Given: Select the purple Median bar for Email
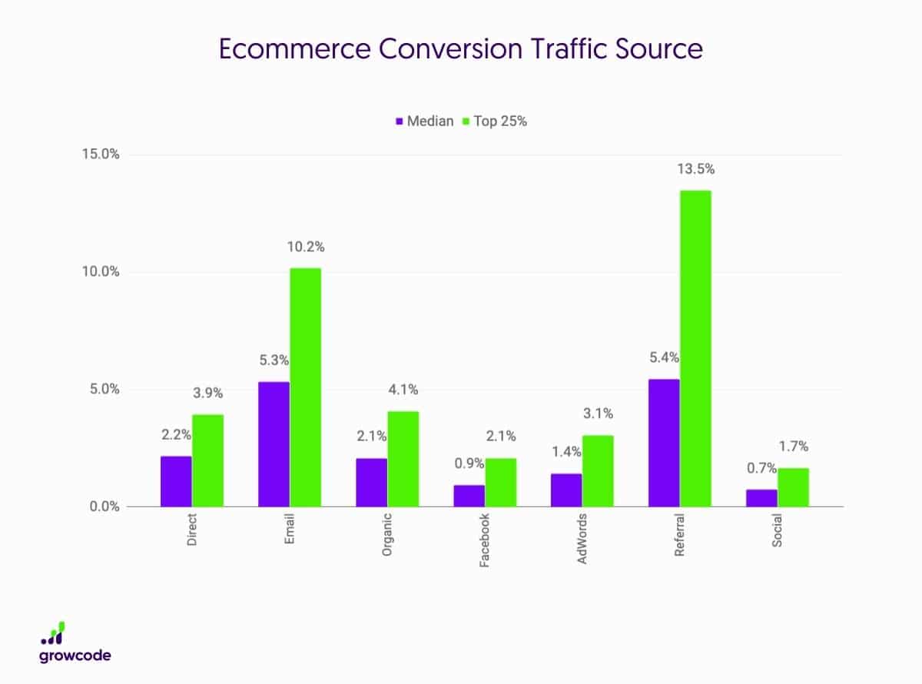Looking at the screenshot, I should pos(274,444).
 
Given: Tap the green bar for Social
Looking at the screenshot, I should pos(793,487).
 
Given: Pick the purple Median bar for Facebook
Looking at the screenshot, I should pos(469,496).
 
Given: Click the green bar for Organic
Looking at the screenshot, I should pos(403,459).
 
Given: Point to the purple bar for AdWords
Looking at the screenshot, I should pos(567,490).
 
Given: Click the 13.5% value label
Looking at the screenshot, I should pos(695,169).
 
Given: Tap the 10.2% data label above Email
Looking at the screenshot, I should pos(305,247).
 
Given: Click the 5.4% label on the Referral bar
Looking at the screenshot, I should pos(664,357).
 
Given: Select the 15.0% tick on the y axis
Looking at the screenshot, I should pos(101,154).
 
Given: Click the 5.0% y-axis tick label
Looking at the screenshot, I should pos(104,389).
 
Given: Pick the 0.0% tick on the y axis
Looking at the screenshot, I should pos(104,506).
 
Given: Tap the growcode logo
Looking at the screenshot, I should pos(75,644).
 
